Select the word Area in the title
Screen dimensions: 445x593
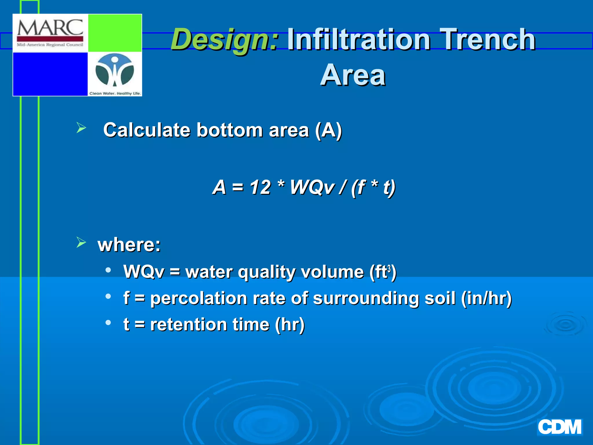[x=353, y=75]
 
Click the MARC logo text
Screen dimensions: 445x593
[x=50, y=28]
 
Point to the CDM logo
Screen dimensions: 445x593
[x=559, y=427]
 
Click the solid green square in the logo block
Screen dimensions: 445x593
[x=115, y=33]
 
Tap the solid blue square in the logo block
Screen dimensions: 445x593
[x=50, y=74]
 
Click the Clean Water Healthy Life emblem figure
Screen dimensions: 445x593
[x=115, y=71]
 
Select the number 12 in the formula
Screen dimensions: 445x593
[x=260, y=187]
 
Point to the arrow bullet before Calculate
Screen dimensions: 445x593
[x=81, y=128]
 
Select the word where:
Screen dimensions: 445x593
[x=129, y=245]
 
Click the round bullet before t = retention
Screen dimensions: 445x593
[x=108, y=322]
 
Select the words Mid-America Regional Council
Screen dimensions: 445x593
[x=50, y=45]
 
